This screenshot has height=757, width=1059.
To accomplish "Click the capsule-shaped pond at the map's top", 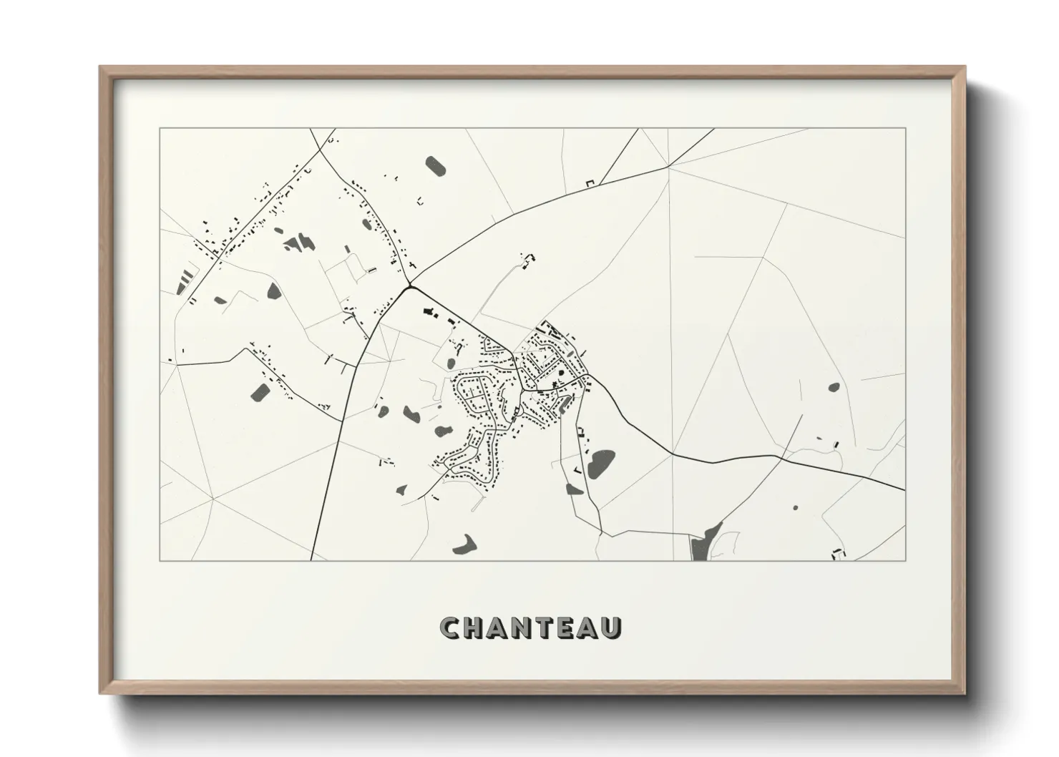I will (x=435, y=167).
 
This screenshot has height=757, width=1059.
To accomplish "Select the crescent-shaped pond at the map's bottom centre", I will (x=465, y=544).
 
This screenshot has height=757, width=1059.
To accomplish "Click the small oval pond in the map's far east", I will (x=834, y=387).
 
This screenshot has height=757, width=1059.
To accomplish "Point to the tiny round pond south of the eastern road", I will (x=795, y=507).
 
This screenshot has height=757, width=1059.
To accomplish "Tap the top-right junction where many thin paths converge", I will (x=668, y=167).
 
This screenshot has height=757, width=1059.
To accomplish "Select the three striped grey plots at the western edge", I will (x=185, y=280).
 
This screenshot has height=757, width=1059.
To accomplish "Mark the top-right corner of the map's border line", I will (x=906, y=129).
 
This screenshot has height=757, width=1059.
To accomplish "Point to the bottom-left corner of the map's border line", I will (x=160, y=560).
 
